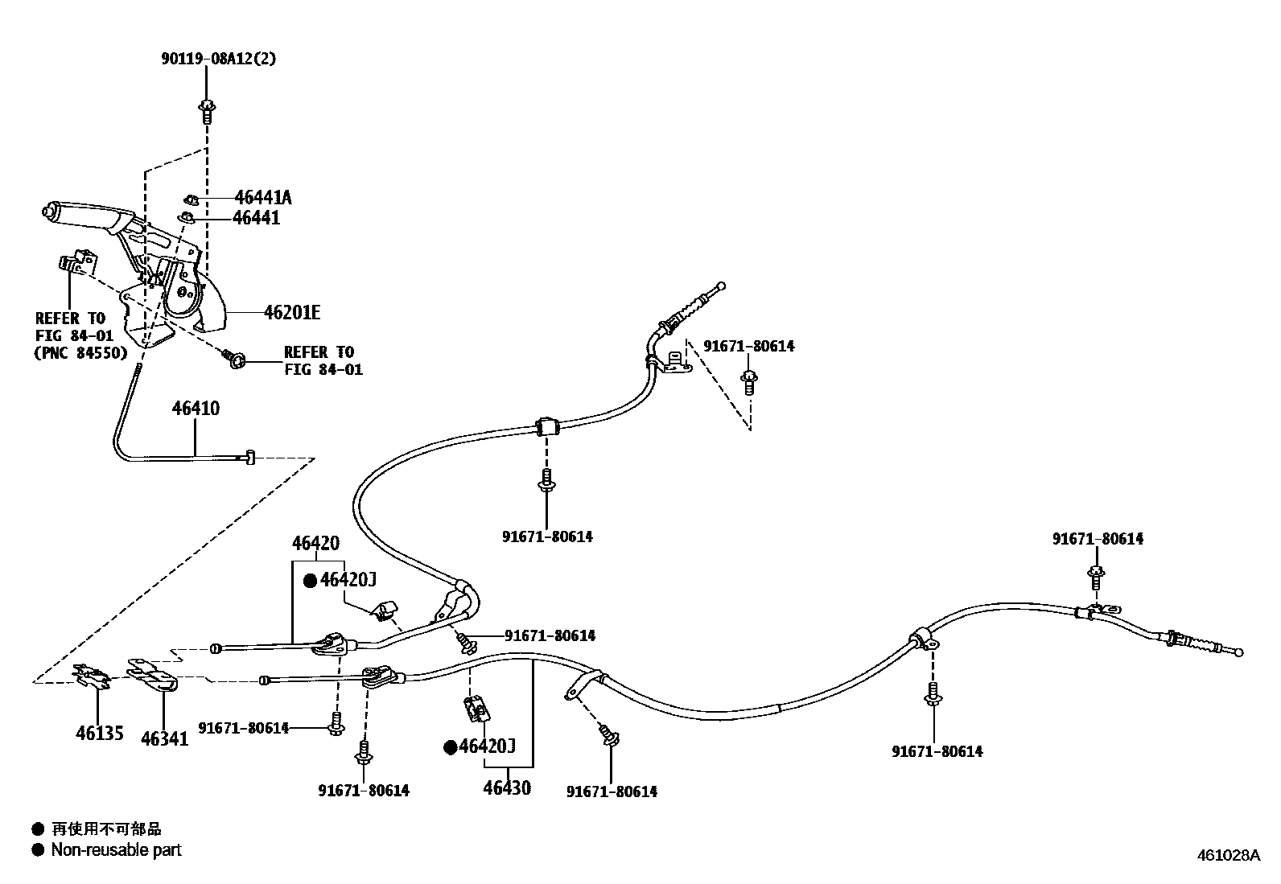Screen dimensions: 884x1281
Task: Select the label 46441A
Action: (263, 197)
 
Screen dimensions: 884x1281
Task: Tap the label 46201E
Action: (291, 312)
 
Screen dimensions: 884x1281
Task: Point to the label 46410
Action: (195, 409)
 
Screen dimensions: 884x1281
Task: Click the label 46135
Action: (100, 733)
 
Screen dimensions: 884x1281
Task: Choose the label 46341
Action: (164, 738)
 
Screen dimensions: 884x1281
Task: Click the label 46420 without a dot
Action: (315, 544)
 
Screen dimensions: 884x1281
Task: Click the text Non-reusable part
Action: (117, 849)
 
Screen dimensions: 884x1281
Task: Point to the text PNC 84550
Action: (81, 352)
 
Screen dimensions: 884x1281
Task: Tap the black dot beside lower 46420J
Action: (451, 747)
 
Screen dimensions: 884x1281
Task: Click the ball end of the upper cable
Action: (721, 286)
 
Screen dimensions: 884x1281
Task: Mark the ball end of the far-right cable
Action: (1238, 652)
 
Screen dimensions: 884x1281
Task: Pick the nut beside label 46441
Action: (187, 216)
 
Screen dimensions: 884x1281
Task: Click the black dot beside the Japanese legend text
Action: (37, 828)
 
